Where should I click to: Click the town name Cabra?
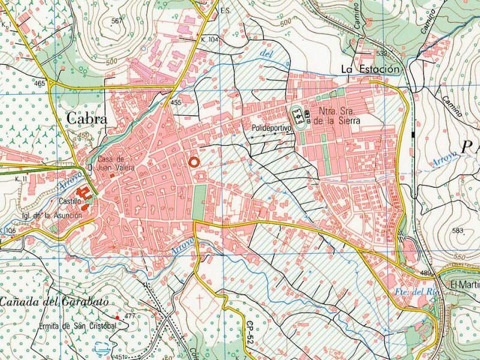(87, 118)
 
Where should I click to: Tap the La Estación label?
(370, 70)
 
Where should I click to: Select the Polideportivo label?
(271, 128)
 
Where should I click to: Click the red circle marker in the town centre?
(193, 161)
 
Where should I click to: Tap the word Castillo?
(70, 201)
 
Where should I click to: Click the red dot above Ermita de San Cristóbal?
(118, 317)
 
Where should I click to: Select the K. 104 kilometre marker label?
(210, 39)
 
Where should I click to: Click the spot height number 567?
(116, 21)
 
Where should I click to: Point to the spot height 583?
(459, 230)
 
